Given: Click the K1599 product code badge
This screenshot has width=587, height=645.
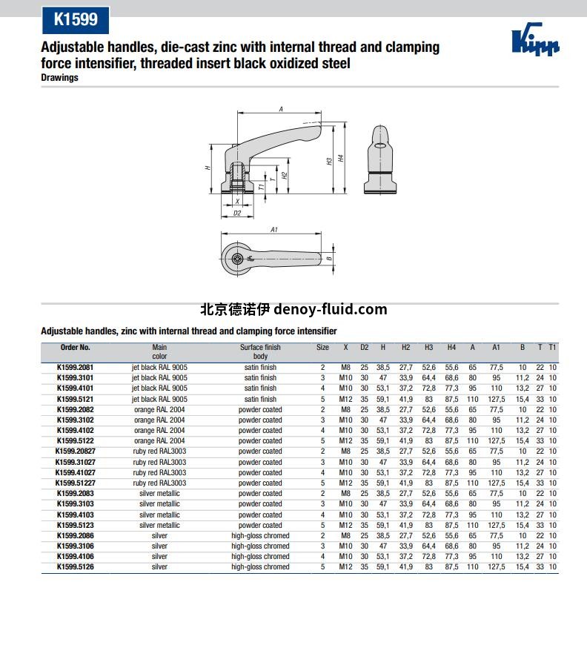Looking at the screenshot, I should point(76,19).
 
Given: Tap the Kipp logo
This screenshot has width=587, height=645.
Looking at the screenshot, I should point(535,42).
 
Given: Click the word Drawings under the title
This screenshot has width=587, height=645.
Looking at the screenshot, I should point(59,78).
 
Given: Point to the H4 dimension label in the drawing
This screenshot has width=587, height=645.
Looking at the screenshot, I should point(341,158).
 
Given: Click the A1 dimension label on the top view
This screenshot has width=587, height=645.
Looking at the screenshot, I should point(273,230).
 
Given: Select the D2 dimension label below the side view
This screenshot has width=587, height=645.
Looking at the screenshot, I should point(237,213).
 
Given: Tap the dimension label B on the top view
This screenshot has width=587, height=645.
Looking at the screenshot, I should point(328,258).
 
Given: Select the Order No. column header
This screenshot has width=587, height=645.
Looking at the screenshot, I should point(75,347).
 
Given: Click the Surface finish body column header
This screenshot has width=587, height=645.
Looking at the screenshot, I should point(260,351).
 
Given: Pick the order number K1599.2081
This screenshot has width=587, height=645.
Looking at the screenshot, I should point(75,367).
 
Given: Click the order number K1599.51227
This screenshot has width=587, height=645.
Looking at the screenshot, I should point(74,483).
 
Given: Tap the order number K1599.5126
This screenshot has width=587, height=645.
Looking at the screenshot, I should point(75,567).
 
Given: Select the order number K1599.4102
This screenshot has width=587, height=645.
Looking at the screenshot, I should point(75,430).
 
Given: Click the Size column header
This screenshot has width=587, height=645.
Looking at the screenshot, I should point(322,347).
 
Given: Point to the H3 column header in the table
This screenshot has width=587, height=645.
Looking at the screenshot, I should point(428,347).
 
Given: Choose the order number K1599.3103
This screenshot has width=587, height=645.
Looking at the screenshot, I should point(75,504).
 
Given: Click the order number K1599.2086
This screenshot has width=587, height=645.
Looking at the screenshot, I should point(75,535).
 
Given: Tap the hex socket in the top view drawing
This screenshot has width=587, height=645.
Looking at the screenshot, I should point(236,258).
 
